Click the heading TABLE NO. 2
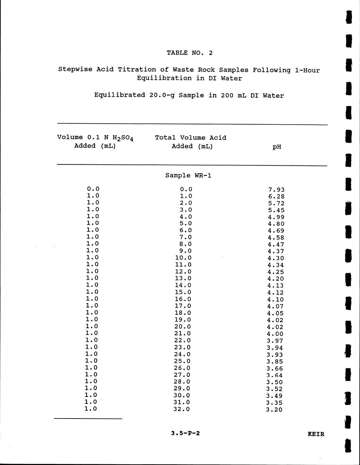click(190, 53)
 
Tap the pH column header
click(277, 147)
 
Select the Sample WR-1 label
click(188, 175)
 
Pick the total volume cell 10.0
click(183, 258)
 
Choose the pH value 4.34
click(276, 265)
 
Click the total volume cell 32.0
click(182, 409)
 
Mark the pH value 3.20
click(274, 410)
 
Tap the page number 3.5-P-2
click(185, 433)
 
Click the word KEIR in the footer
click(316, 434)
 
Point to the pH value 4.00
click(275, 334)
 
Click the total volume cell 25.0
click(182, 361)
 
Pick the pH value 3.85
click(275, 362)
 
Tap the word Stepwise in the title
click(75, 69)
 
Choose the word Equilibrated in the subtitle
click(120, 95)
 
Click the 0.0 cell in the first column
click(93, 189)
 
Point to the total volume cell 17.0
click(183, 306)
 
